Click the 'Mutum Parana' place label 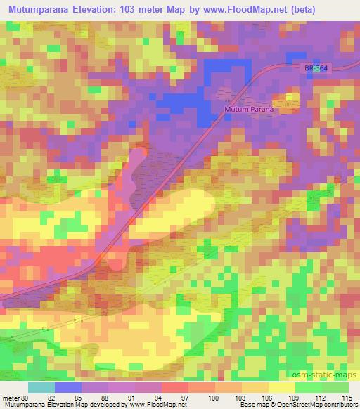(252, 110)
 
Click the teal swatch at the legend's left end (41, 387)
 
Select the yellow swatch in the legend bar (281, 387)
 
